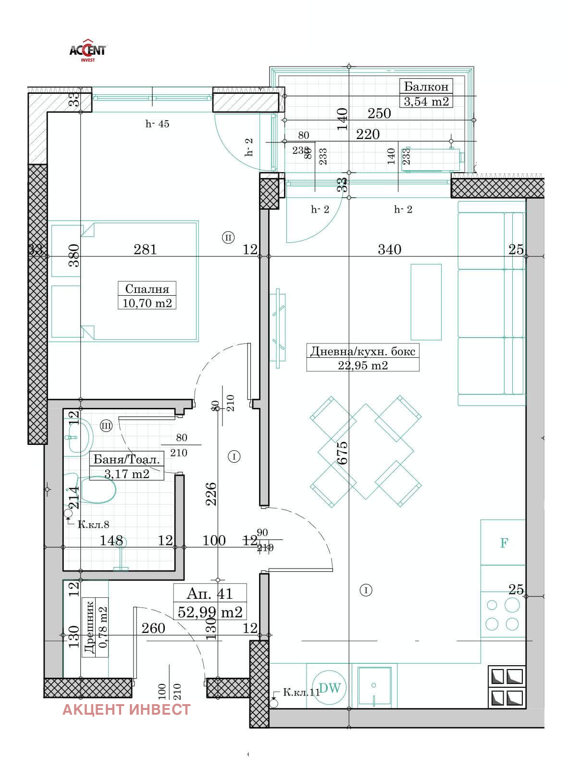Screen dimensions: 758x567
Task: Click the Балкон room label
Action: pyautogui.click(x=426, y=87)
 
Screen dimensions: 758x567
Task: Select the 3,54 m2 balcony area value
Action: pyautogui.click(x=426, y=101)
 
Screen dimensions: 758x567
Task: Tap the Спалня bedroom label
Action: pyautogui.click(x=147, y=289)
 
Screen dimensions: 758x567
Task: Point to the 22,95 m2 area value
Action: pyautogui.click(x=363, y=365)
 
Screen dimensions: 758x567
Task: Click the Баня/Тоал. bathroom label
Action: pyautogui.click(x=126, y=459)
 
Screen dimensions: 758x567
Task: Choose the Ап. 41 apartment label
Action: pyautogui.click(x=210, y=594)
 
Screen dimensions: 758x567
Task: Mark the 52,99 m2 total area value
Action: pyautogui.click(x=210, y=612)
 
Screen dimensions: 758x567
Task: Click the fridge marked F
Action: pyautogui.click(x=504, y=543)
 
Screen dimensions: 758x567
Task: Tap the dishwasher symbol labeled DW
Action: pyautogui.click(x=330, y=688)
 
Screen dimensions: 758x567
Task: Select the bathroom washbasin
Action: pyautogui.click(x=80, y=436)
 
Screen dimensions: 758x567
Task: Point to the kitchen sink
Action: pyautogui.click(x=374, y=686)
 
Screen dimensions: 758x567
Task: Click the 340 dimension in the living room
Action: pyautogui.click(x=389, y=249)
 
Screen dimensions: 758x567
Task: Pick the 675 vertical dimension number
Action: pyautogui.click(x=342, y=453)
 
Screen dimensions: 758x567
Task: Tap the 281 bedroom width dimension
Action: pyautogui.click(x=145, y=249)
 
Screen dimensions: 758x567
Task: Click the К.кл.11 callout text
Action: pyautogui.click(x=301, y=693)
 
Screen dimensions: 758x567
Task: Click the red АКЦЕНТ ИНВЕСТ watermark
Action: pyautogui.click(x=126, y=709)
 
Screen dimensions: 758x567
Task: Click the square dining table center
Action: pyautogui.click(x=366, y=452)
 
